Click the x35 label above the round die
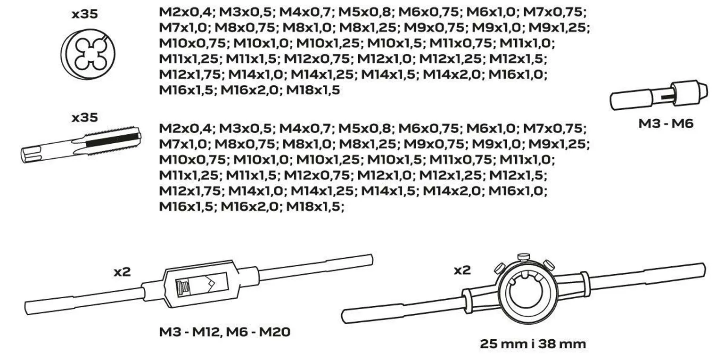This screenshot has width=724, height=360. pos(85,14)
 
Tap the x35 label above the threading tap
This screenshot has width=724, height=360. pos(85,118)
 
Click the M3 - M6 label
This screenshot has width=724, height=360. pos(666,124)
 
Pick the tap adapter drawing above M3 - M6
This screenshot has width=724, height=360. pos(658,95)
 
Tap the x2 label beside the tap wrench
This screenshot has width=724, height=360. pos(122,272)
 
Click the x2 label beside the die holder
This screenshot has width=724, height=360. pos(462,270)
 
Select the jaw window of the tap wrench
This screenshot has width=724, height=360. pos(201,285)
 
